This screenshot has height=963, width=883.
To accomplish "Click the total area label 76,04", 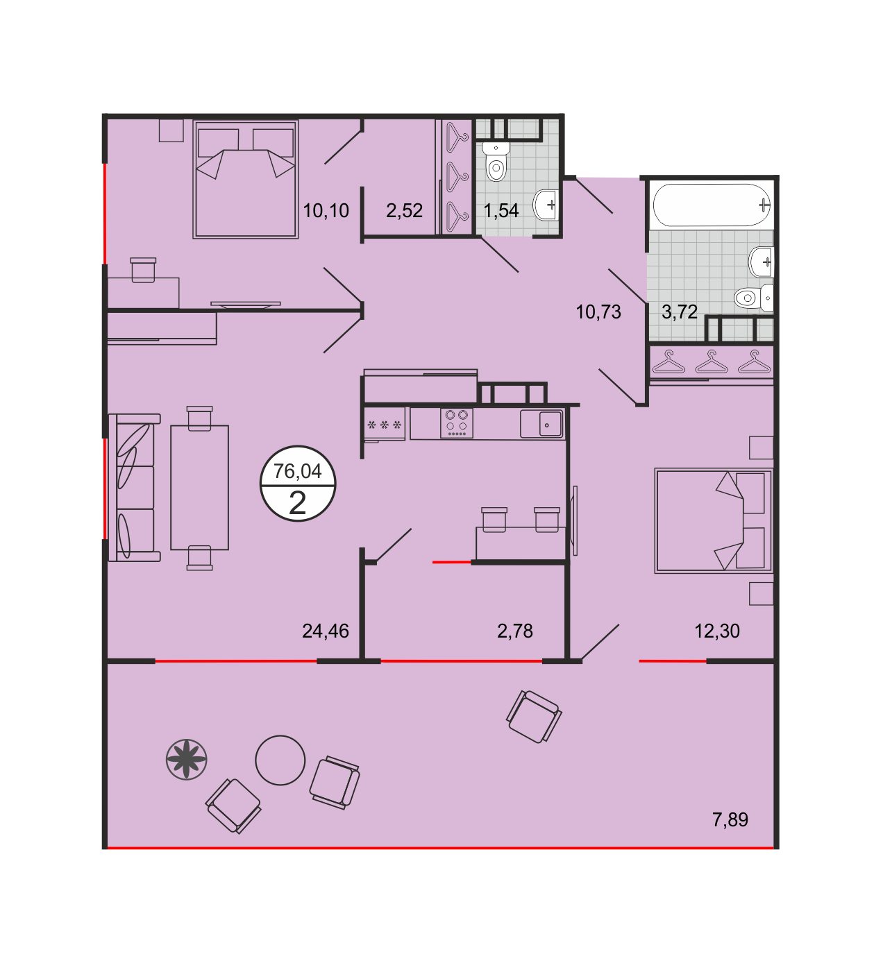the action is coord(297,471).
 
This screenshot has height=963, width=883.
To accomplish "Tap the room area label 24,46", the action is coord(326,631).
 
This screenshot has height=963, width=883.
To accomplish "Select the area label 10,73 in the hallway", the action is coord(598,312).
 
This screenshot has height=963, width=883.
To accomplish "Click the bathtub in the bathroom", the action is coord(712,205).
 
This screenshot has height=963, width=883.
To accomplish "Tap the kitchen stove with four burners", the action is coord(456,423).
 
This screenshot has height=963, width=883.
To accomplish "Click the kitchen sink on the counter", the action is coord(541,424).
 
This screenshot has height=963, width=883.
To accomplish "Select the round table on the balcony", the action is coord(280,760).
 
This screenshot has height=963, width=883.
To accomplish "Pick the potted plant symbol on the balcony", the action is coord(187,760).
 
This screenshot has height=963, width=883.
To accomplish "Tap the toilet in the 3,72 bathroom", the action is coord(752,298).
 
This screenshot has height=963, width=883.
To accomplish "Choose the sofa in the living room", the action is coord(134,488).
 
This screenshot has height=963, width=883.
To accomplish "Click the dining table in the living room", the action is coord(199,488).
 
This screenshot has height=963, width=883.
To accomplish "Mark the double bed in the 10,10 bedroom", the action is coord(246,179).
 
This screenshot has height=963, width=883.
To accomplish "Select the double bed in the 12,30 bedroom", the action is coord(714,521).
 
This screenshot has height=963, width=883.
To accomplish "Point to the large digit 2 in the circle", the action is coord(297,503).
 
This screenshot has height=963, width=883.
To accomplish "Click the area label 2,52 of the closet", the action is coord(404,210).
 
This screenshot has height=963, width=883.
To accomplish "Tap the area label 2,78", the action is coord(514,631).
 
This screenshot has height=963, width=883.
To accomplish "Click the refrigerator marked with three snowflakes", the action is coord(385,425).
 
